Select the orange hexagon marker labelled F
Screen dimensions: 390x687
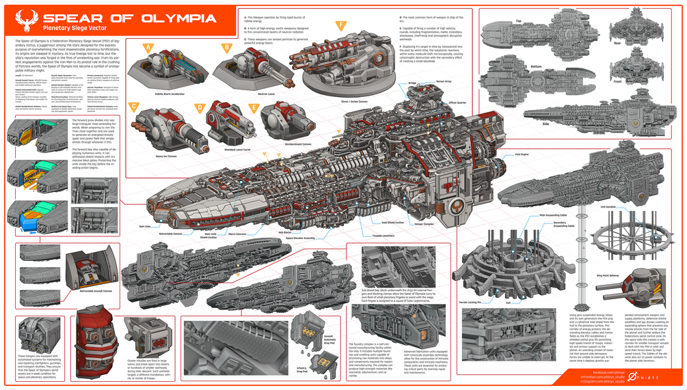click(x=340, y=26)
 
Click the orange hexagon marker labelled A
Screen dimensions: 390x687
click(x=147, y=48)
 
